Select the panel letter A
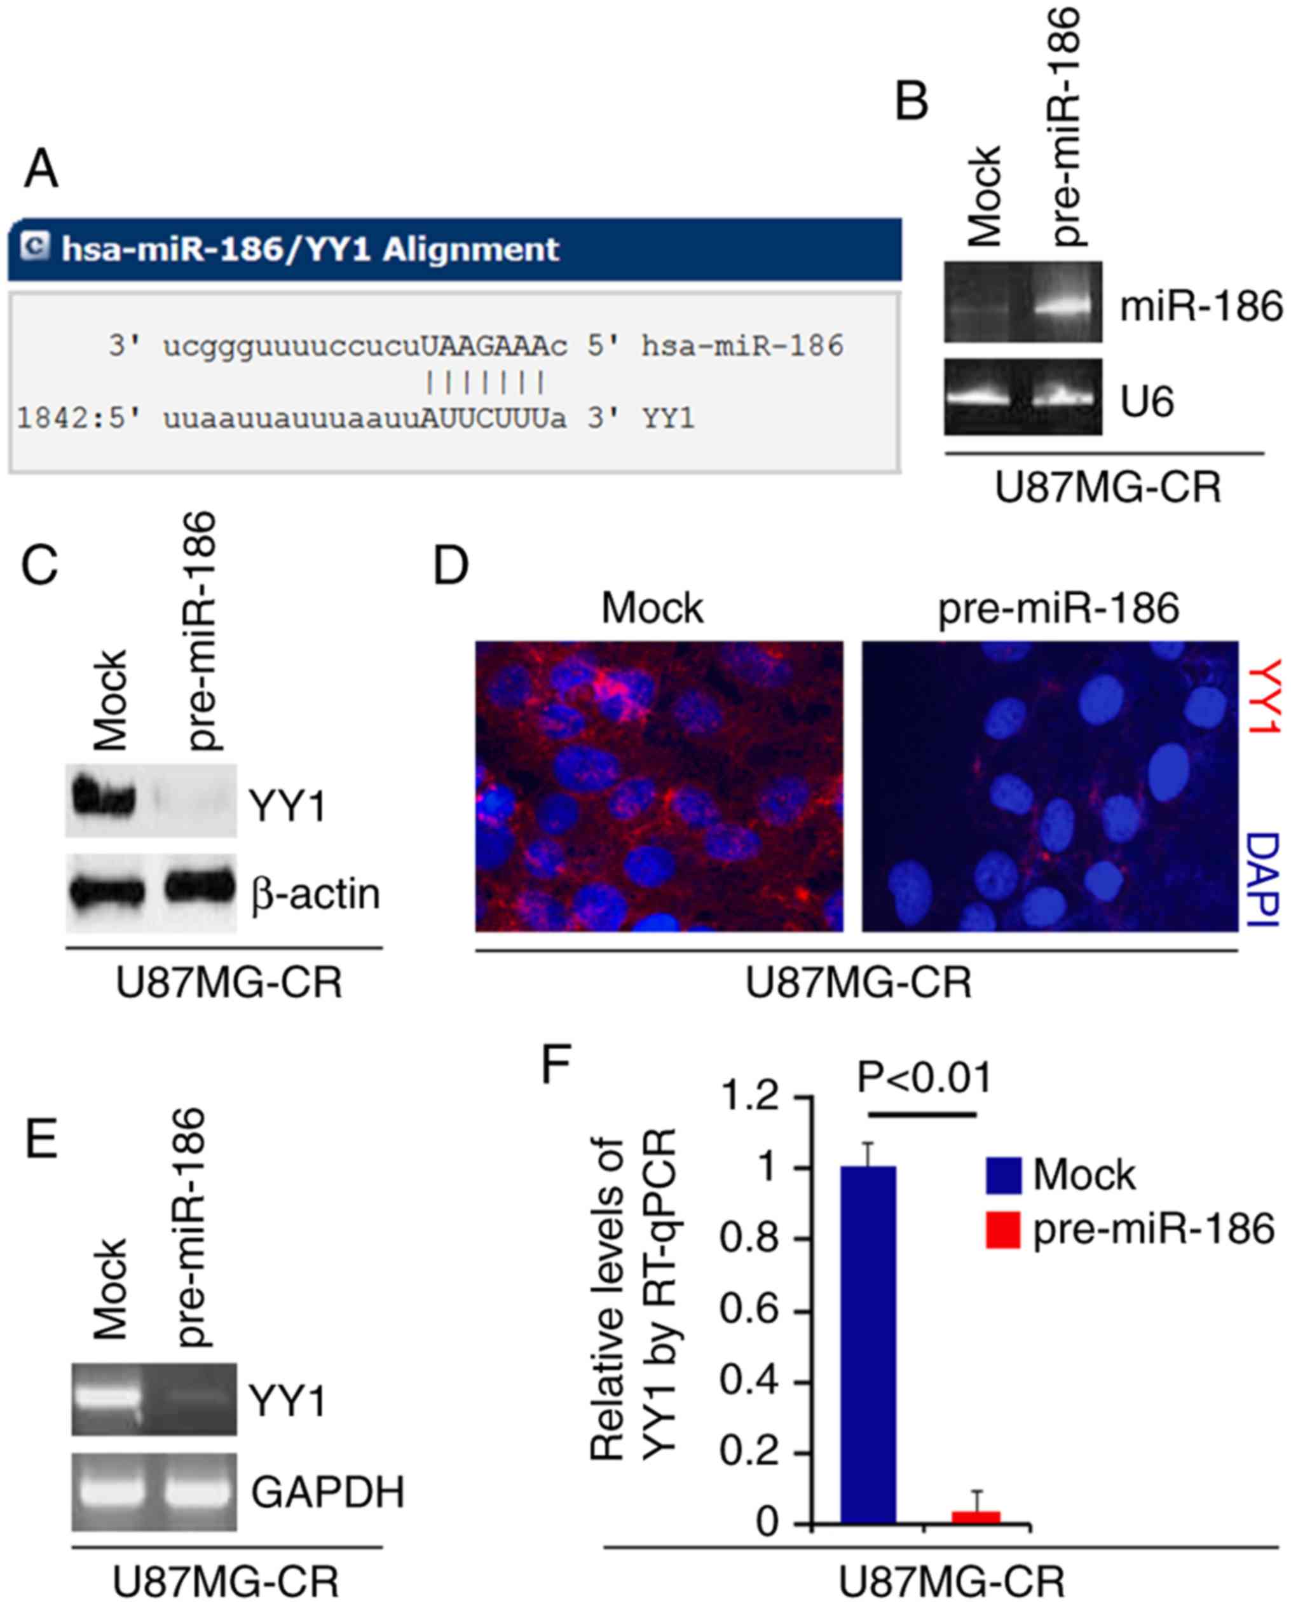pos(41,170)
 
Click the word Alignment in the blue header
pos(470,249)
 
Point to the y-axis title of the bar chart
pos(631,1299)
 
